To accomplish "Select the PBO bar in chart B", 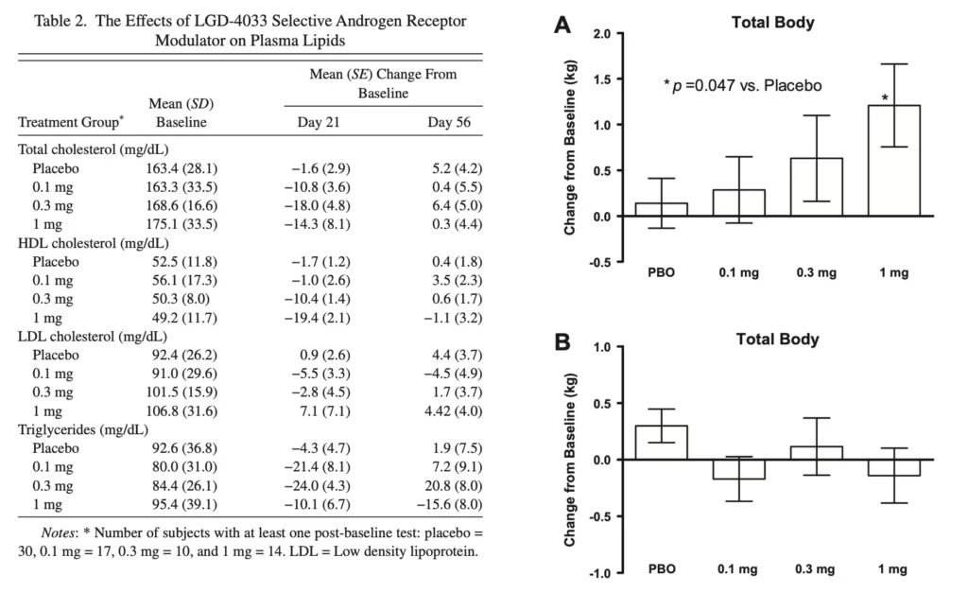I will tap(660, 443).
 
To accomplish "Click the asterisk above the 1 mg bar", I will tap(886, 98).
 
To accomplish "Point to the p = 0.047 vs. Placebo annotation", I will tap(743, 85).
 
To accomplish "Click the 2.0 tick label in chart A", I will tap(601, 35).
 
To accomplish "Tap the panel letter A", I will tap(562, 28).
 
